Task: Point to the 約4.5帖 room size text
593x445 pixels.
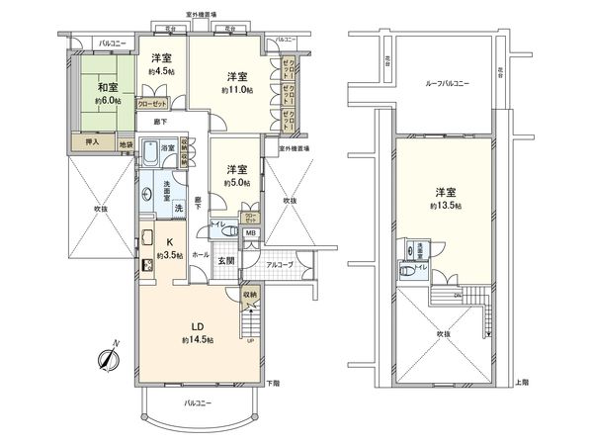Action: [161, 72]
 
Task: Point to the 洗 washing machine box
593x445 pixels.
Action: [178, 208]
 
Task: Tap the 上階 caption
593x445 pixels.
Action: [523, 382]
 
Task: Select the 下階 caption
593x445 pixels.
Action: [274, 382]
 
